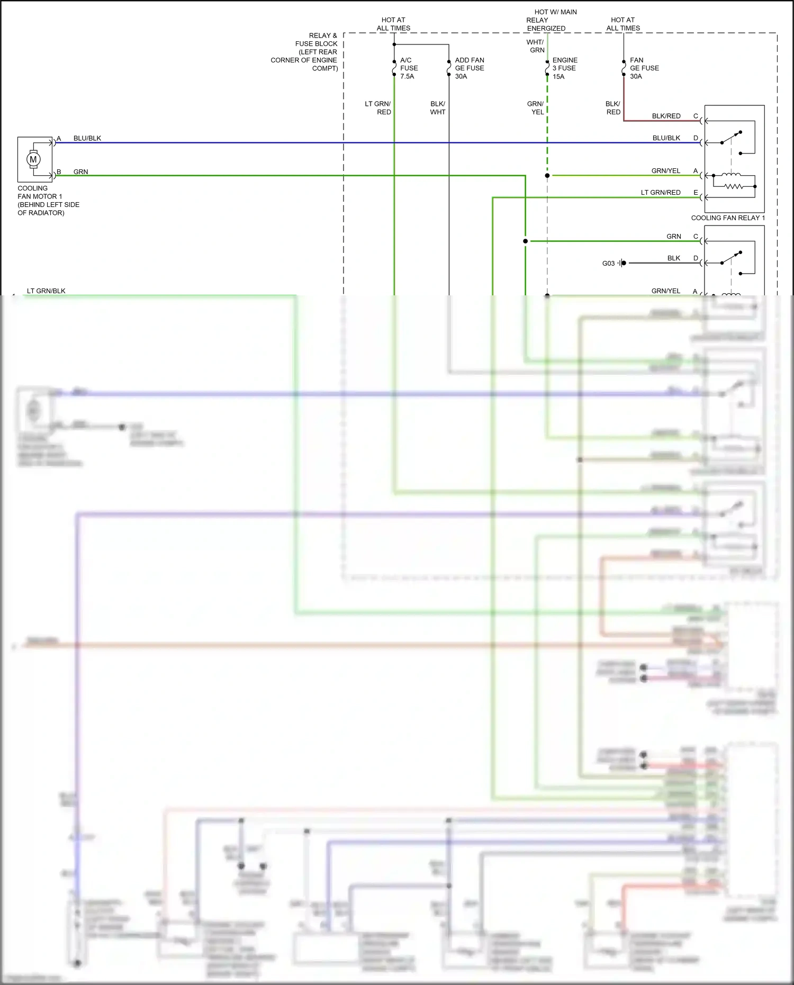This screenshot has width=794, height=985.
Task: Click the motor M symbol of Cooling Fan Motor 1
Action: pos(33,159)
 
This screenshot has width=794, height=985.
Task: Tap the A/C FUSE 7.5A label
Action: pos(409,68)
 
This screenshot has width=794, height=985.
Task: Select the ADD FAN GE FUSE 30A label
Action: pos(469,68)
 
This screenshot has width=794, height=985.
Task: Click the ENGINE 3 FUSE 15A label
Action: pos(564,68)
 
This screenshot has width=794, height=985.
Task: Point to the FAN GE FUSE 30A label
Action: pos(644,68)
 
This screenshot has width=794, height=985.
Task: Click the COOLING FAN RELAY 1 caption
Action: pos(727,218)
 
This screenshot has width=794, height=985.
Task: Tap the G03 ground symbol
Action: pos(621,263)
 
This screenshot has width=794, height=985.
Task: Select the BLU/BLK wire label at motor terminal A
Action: pos(87,138)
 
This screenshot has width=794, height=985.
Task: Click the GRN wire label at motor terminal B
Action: pos(80,172)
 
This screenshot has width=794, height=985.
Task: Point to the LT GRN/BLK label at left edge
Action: pos(46,291)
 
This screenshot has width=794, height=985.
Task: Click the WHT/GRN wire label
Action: pos(536,46)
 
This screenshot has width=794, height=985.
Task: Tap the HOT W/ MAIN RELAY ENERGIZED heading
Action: pos(551,20)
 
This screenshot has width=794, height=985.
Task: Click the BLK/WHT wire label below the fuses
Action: pos(438,108)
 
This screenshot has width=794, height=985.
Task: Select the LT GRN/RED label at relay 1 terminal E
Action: pos(660,193)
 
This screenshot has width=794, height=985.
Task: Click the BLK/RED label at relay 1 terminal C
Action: pos(666,116)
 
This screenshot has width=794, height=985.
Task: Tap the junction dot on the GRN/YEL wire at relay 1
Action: pos(547,176)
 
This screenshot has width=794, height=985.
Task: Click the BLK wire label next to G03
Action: pos(673,258)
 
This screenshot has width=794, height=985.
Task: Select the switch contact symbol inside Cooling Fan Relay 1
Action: pos(731,138)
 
